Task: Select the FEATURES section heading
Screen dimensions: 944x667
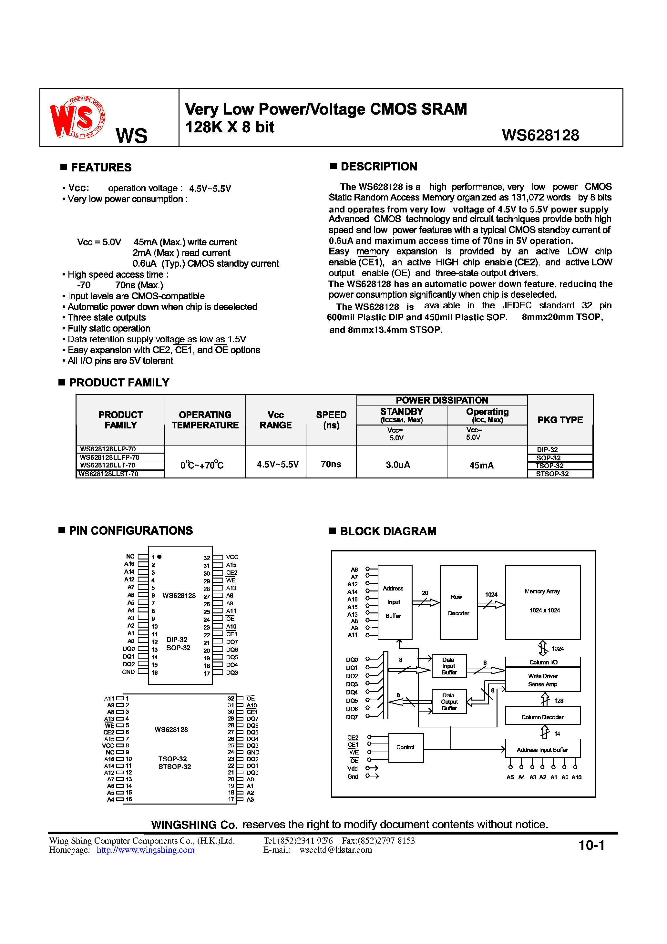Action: tap(101, 167)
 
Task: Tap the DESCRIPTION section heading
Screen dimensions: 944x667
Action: tap(378, 167)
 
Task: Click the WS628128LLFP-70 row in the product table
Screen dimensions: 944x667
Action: tap(109, 457)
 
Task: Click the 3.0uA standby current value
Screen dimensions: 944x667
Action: tap(398, 465)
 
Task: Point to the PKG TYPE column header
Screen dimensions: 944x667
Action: tap(560, 420)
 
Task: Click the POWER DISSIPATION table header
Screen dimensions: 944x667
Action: tap(442, 400)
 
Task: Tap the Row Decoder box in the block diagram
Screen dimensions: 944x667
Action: tap(458, 602)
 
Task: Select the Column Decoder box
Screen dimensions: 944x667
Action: tap(542, 717)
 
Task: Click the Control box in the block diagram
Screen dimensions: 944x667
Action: tap(405, 747)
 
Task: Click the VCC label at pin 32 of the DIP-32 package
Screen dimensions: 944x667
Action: tap(232, 557)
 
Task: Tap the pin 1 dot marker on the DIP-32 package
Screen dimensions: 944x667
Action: tap(159, 557)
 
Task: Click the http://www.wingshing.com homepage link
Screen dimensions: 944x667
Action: tap(146, 850)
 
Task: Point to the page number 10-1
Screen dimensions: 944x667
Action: tap(591, 845)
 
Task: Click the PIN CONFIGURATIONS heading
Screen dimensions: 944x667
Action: tap(130, 531)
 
